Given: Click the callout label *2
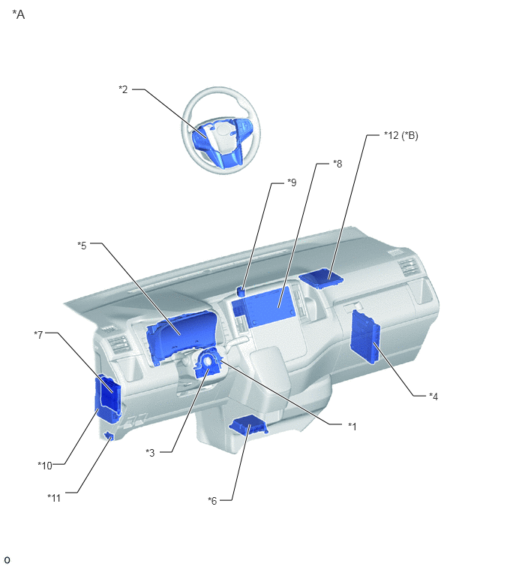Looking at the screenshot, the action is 123,89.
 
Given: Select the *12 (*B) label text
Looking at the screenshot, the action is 400,135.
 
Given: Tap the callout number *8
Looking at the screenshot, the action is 337,164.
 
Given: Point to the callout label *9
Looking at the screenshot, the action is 292,182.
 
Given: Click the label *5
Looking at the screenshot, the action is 82,246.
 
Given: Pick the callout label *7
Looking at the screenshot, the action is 39,335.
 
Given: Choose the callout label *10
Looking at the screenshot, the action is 45,466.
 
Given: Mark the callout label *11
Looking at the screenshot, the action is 54,498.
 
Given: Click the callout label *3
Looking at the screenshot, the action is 150,452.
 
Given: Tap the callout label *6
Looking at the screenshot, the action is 212,500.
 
